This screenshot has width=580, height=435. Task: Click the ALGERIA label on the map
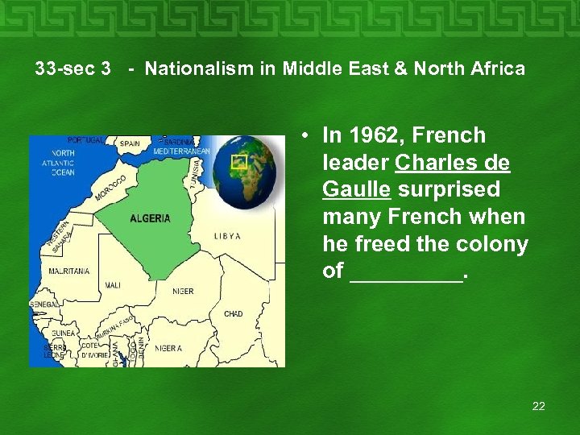coord(150,218)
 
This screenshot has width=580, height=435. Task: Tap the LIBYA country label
coord(227,236)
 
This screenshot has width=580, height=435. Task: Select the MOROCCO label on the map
coord(111,187)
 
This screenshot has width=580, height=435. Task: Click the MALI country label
coord(113,285)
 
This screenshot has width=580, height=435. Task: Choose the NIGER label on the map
coord(183,291)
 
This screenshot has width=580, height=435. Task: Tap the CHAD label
coord(234,313)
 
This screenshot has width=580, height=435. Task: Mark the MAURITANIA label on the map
coord(69,271)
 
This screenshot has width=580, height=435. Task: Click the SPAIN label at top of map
coord(130,144)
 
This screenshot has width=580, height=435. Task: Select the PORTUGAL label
coord(85,140)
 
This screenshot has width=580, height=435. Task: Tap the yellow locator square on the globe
coord(238,161)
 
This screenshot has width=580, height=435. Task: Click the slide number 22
coord(538,406)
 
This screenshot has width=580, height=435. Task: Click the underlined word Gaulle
coord(356,189)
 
